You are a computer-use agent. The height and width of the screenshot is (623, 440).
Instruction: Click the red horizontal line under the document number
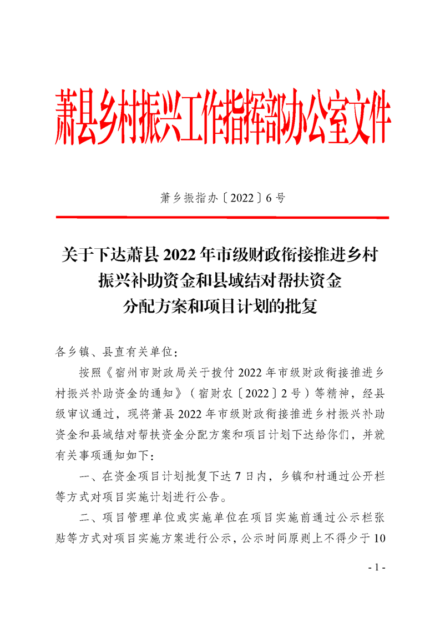pyautogui.click(x=222, y=218)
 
